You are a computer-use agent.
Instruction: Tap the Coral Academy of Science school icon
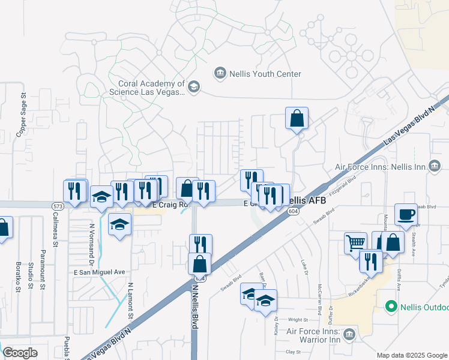pyautogui.click(x=193, y=88)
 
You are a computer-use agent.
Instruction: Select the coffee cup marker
pyautogui.click(x=406, y=215)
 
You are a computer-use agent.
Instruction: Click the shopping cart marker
pyautogui.click(x=355, y=242)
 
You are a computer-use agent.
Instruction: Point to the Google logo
pyautogui.click(x=20, y=353)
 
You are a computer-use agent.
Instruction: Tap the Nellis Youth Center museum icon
pyautogui.click(x=220, y=74)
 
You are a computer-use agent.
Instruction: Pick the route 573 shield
pyautogui.click(x=58, y=206)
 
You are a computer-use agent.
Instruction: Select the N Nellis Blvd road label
pyautogui.click(x=194, y=306)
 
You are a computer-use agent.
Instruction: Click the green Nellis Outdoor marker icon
pyautogui.click(x=391, y=307)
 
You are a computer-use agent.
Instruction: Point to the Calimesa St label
pyautogui.click(x=54, y=231)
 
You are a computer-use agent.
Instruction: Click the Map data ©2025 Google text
pyautogui.click(x=411, y=355)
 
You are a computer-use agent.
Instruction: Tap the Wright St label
pyautogui.click(x=298, y=320)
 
